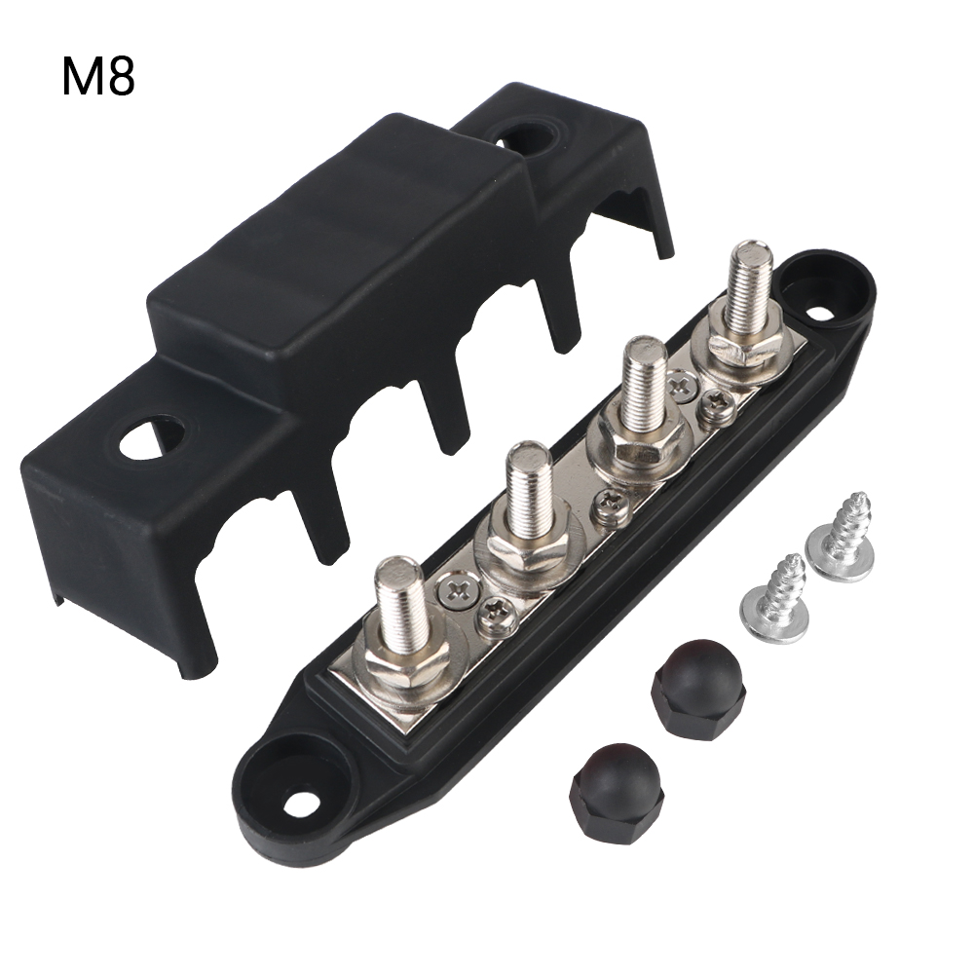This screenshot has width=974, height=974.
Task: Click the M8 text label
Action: click(x=98, y=77)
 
